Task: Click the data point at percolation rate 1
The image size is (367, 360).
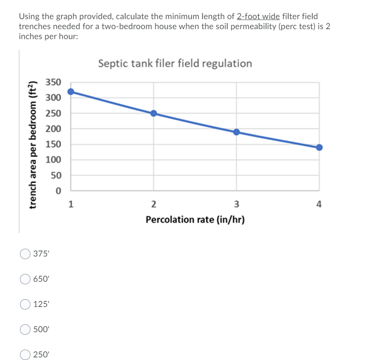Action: pyautogui.click(x=71, y=92)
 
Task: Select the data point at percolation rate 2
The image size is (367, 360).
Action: pyautogui.click(x=153, y=113)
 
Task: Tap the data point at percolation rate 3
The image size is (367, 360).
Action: pyautogui.click(x=236, y=132)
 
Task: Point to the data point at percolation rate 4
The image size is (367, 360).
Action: pyautogui.click(x=319, y=147)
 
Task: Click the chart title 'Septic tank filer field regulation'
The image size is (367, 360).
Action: pyautogui.click(x=175, y=63)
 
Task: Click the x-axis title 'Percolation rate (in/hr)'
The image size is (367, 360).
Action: pyautogui.click(x=195, y=220)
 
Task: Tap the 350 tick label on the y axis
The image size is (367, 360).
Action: pyautogui.click(x=54, y=83)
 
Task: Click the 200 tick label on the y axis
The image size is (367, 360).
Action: pyautogui.click(x=54, y=129)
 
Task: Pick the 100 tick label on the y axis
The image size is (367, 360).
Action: pyautogui.click(x=54, y=160)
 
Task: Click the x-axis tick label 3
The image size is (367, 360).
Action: pyautogui.click(x=236, y=204)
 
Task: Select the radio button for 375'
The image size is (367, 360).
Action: pyautogui.click(x=25, y=254)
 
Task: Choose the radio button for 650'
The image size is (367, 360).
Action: pyautogui.click(x=25, y=279)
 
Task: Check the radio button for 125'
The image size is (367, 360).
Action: pyautogui.click(x=25, y=304)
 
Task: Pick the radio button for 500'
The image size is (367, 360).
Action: pyautogui.click(x=25, y=329)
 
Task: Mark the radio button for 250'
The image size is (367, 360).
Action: pyautogui.click(x=25, y=354)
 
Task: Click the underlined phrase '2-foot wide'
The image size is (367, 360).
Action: pyautogui.click(x=258, y=17)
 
